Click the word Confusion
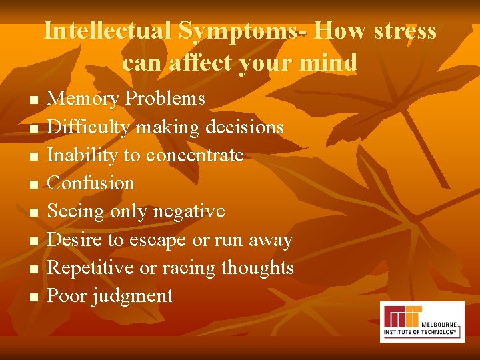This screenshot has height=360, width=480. tap(91, 183)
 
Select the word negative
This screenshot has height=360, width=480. tap(189, 211)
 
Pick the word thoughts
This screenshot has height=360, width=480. tap(257, 268)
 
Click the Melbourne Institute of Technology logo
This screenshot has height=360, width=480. tap(421, 321)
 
